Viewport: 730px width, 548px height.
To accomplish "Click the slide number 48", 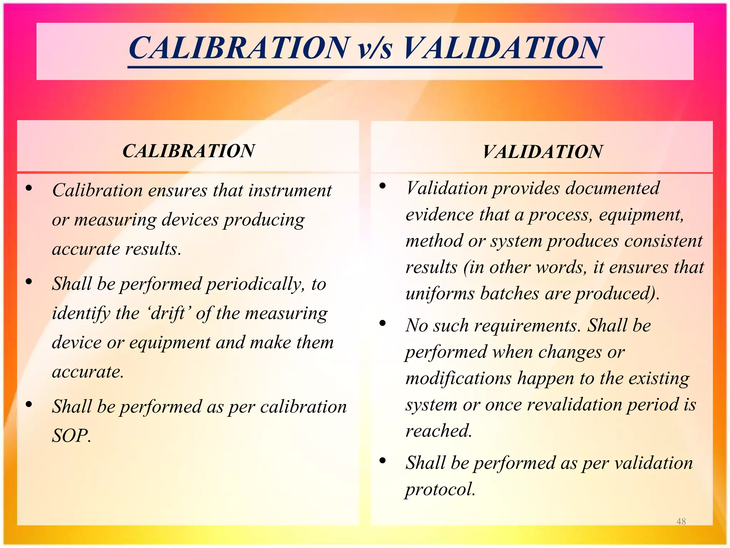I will coord(681,521).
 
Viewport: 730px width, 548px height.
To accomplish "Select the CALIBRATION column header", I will coord(189,151).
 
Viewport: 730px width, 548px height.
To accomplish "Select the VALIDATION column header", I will coord(542,152).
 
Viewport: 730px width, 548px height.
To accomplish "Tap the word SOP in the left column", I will coord(71,436).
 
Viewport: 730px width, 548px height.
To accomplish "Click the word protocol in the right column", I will coord(440,489).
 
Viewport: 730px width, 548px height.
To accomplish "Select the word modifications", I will coord(458,378).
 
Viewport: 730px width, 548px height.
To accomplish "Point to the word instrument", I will coord(290,190).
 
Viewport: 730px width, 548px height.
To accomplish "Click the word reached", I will coord(438,431).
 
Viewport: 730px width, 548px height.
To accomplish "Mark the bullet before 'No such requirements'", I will coord(383,323).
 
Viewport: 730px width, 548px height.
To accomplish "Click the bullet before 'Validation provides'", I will coord(383,186).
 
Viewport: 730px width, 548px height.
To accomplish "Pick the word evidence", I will coord(439,215).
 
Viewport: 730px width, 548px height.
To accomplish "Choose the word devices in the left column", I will coord(190,220).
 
